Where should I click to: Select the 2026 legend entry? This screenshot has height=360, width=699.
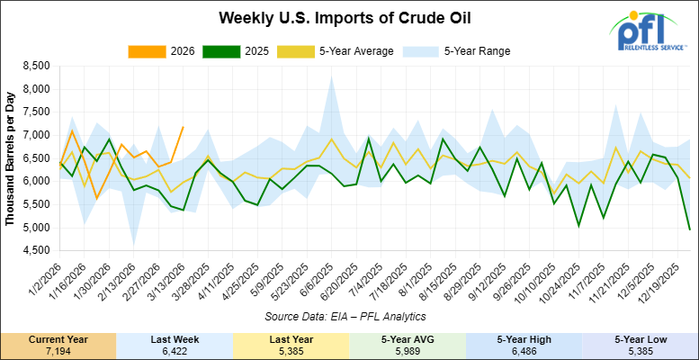176,50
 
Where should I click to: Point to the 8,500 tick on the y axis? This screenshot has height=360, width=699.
32,66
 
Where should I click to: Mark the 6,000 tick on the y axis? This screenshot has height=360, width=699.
32,181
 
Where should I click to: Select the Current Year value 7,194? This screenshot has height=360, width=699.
58,350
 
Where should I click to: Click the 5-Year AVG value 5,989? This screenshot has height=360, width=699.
407,350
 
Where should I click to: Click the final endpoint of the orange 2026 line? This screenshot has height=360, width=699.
184,128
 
